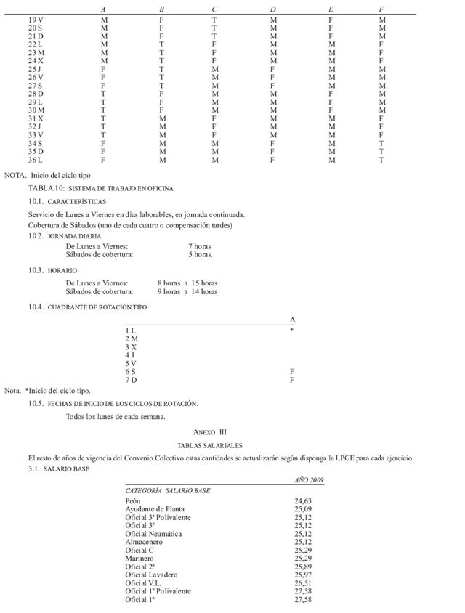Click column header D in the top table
click(273, 9)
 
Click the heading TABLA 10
click(101, 188)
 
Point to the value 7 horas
click(200, 247)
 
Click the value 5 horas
click(200, 255)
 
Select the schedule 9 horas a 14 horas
click(187, 291)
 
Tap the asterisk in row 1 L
click(292, 330)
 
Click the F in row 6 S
click(292, 371)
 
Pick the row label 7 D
click(132, 380)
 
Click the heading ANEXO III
click(210, 431)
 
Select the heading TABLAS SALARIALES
click(210, 444)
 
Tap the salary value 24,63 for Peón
click(303, 500)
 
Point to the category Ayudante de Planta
click(155, 509)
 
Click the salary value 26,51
click(303, 582)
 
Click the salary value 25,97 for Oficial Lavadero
click(303, 575)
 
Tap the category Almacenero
click(144, 542)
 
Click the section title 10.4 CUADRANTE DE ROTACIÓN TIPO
click(88, 307)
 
